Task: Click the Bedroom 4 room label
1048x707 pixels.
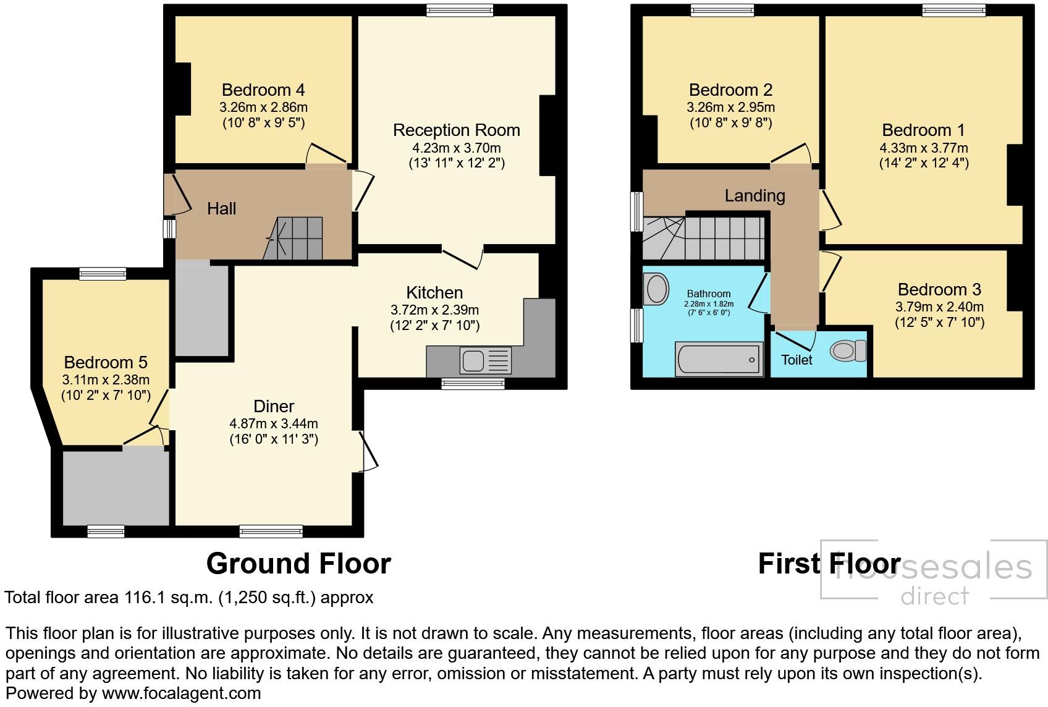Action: (x=263, y=90)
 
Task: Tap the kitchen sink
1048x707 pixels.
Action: (x=473, y=360)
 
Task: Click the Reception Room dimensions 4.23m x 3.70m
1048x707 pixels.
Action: (x=456, y=148)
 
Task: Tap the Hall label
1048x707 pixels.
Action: (x=221, y=209)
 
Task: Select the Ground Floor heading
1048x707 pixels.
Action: (x=298, y=564)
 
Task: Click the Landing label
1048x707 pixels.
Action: (x=754, y=196)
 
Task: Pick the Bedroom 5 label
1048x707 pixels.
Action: (x=106, y=362)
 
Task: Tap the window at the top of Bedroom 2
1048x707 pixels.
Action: (x=722, y=9)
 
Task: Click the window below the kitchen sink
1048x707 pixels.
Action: (x=473, y=384)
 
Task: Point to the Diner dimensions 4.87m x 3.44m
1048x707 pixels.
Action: (x=274, y=423)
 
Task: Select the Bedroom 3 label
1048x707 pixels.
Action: (x=939, y=289)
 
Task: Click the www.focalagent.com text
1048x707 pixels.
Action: (x=181, y=693)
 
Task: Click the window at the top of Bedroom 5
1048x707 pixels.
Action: (x=103, y=274)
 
